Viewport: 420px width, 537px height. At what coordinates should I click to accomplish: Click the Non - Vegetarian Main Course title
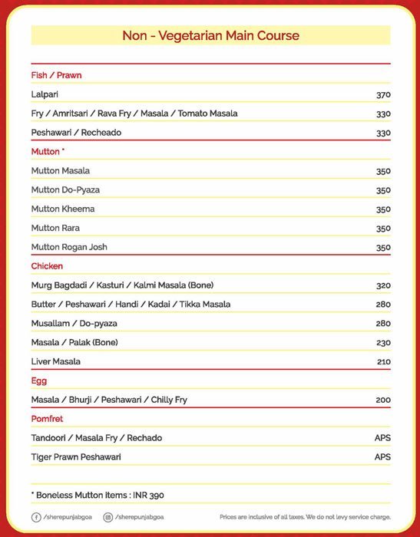210,36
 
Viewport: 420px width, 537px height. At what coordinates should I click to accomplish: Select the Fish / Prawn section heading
56,75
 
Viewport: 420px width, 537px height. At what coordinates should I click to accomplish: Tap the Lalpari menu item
45,94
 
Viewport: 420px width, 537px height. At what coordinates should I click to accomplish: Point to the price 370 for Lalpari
383,94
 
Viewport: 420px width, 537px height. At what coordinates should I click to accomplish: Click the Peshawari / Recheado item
76,133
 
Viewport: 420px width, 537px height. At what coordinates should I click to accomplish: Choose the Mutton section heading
47,152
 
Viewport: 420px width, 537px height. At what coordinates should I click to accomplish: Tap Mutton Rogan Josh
69,247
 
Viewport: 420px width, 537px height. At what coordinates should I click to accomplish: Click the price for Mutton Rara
383,228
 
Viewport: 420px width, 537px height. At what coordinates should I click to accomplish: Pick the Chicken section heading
47,266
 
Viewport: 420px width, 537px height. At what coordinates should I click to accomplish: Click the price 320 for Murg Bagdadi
383,285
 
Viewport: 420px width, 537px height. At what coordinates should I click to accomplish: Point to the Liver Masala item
55,361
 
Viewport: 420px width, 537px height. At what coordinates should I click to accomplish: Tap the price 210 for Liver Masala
383,361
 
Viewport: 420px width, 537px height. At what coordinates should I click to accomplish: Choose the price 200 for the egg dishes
383,400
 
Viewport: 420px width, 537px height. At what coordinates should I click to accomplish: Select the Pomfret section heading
47,419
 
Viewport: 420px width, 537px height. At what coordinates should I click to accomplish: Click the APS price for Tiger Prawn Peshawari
382,457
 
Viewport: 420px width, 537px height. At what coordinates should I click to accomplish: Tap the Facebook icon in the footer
36,518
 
